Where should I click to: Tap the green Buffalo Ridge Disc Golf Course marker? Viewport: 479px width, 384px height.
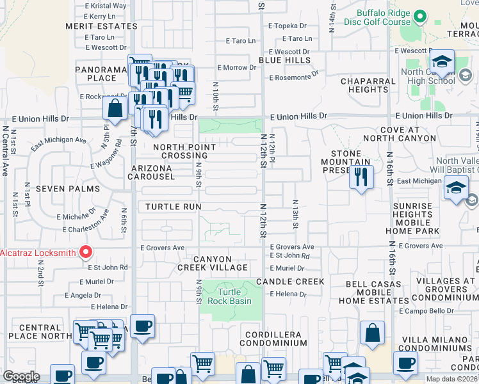420,16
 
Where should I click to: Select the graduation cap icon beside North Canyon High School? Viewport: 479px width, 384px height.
441,63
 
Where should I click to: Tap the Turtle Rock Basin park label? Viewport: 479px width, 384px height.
231,296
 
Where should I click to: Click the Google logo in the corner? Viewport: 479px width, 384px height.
21,376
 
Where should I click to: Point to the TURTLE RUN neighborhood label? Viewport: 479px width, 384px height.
173,207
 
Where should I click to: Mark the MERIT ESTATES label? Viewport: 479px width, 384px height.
101,26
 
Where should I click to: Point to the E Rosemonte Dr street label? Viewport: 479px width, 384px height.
294,77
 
